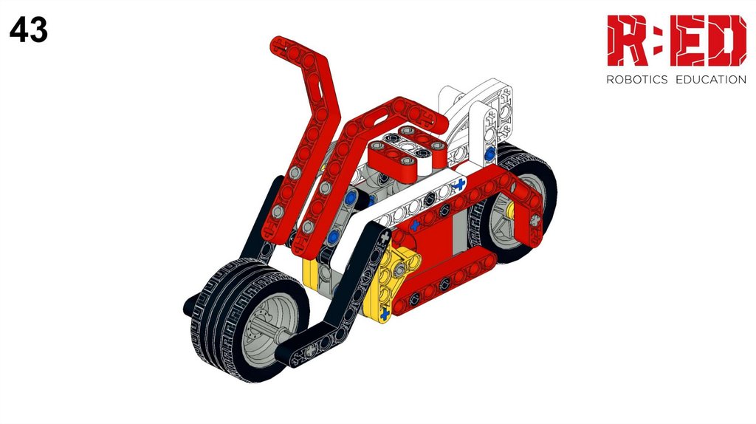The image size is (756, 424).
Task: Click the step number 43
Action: pos(29,30)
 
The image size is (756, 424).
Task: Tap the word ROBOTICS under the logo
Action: pos(636,80)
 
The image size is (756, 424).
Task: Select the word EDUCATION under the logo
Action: pos(711,80)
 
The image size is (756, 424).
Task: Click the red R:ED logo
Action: pos(676,41)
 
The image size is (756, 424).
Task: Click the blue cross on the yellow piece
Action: pos(384,315)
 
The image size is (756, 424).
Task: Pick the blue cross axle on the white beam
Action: pos(459,184)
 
